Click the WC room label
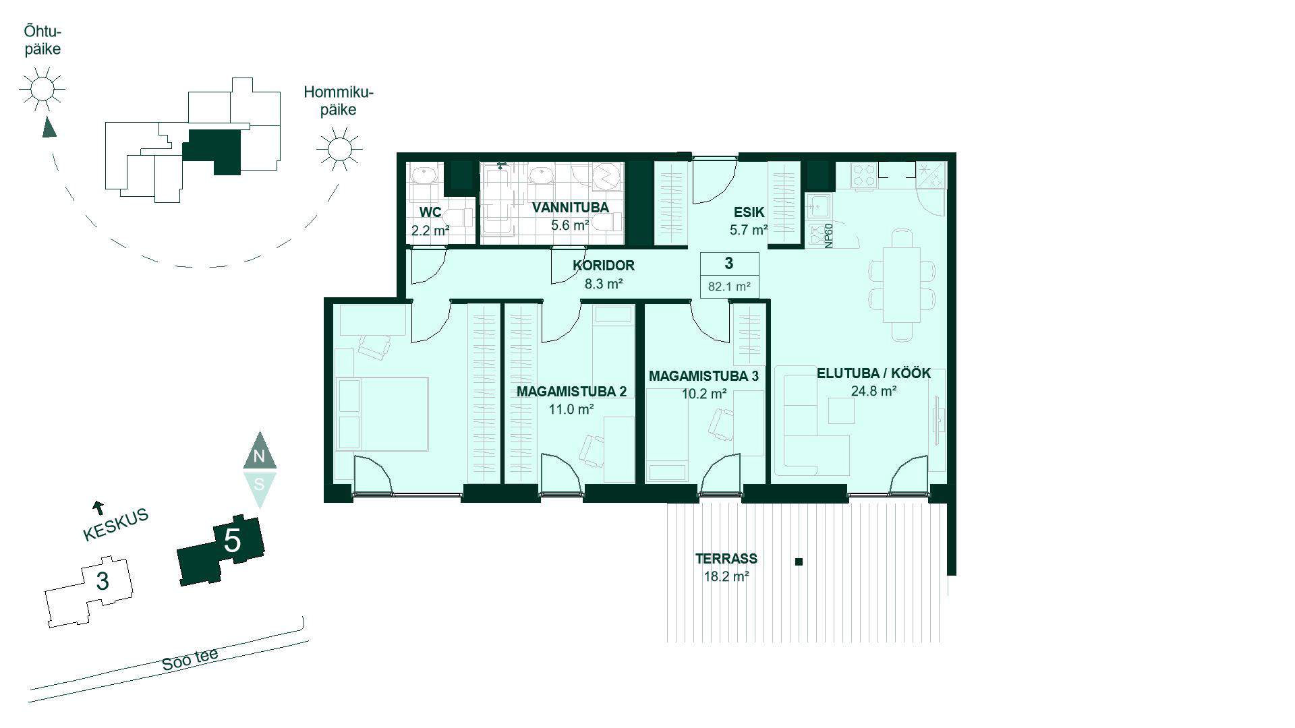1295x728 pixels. click(430, 212)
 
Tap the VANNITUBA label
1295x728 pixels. click(570, 208)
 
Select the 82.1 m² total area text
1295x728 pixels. click(729, 286)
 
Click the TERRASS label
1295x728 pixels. click(726, 559)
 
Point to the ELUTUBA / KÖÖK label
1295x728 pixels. click(873, 373)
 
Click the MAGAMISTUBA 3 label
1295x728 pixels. click(703, 376)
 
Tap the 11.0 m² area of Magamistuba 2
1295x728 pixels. click(571, 409)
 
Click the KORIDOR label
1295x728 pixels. click(604, 266)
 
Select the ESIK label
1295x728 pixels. click(749, 212)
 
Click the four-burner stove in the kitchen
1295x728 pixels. click(865, 176)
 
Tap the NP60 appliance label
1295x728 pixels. click(829, 235)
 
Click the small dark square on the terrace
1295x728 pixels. click(799, 562)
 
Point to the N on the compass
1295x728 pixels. click(259, 457)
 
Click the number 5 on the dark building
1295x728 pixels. click(232, 541)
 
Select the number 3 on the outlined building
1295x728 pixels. click(103, 581)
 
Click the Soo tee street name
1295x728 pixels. click(190, 660)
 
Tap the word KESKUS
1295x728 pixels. click(115, 525)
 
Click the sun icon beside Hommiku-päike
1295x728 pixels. click(339, 149)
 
